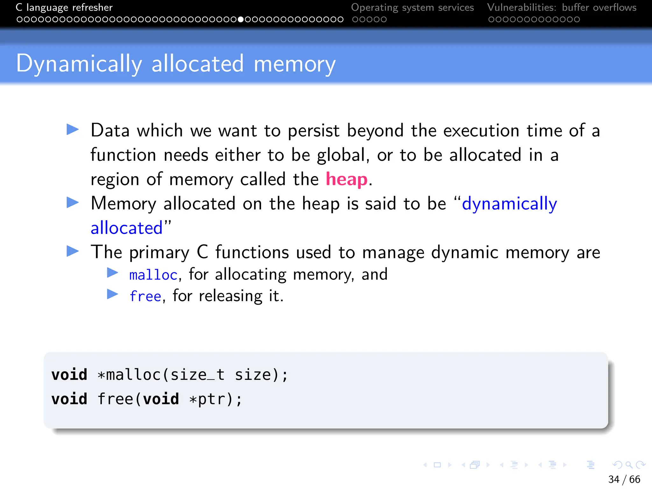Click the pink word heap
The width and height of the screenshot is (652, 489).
click(x=346, y=179)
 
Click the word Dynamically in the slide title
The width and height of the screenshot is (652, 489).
click(x=79, y=64)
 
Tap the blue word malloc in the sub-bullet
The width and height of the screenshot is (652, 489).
click(x=153, y=275)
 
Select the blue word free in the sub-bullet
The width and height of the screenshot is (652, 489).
click(x=145, y=296)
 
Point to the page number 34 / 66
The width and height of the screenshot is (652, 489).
click(x=624, y=479)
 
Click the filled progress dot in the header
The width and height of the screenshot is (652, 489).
click(x=241, y=19)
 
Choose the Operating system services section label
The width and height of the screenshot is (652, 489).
click(x=412, y=7)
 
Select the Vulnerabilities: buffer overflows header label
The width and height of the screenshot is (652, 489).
click(x=562, y=7)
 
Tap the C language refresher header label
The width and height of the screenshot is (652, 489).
click(x=64, y=7)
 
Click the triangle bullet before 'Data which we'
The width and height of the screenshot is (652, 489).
click(x=73, y=130)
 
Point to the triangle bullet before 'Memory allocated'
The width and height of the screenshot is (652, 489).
click(x=73, y=202)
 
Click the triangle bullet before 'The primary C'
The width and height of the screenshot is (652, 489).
click(x=73, y=251)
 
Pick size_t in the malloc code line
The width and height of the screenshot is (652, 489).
click(x=197, y=375)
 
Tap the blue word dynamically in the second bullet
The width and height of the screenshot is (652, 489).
click(x=509, y=204)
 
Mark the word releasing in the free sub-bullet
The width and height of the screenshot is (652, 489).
click(x=230, y=296)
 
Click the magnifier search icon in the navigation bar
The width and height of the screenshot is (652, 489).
click(x=629, y=465)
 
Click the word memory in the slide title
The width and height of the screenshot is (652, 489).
click(x=294, y=64)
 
